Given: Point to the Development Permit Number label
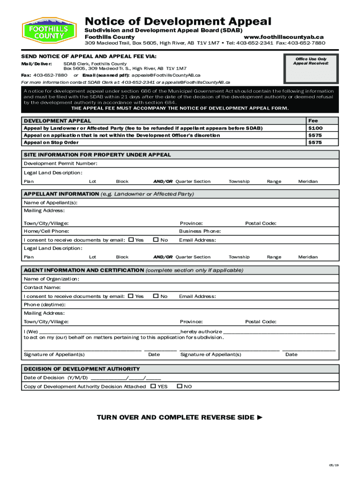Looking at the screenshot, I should coord(61,164).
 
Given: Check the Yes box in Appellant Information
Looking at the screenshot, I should coord(131,240).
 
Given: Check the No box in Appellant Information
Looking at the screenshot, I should coord(156,240).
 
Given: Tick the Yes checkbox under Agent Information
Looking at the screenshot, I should coord(131,296).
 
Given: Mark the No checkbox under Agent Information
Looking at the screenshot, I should coord(156,296).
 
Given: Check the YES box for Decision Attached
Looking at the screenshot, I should coord(153,386).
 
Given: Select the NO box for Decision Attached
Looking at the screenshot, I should coord(180,386).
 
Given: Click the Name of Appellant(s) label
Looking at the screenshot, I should coord(50,203).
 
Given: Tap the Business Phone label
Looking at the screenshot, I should coord(200,231).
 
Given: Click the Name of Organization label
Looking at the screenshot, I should coord(51,279).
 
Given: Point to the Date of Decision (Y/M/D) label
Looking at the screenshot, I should coord(56,378).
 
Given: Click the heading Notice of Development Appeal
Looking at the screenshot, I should coord(178,22).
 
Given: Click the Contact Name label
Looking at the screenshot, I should coord(43,288).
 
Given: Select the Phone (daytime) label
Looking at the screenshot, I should coord(44,305).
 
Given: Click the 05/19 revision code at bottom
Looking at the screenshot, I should coord(332,464).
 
